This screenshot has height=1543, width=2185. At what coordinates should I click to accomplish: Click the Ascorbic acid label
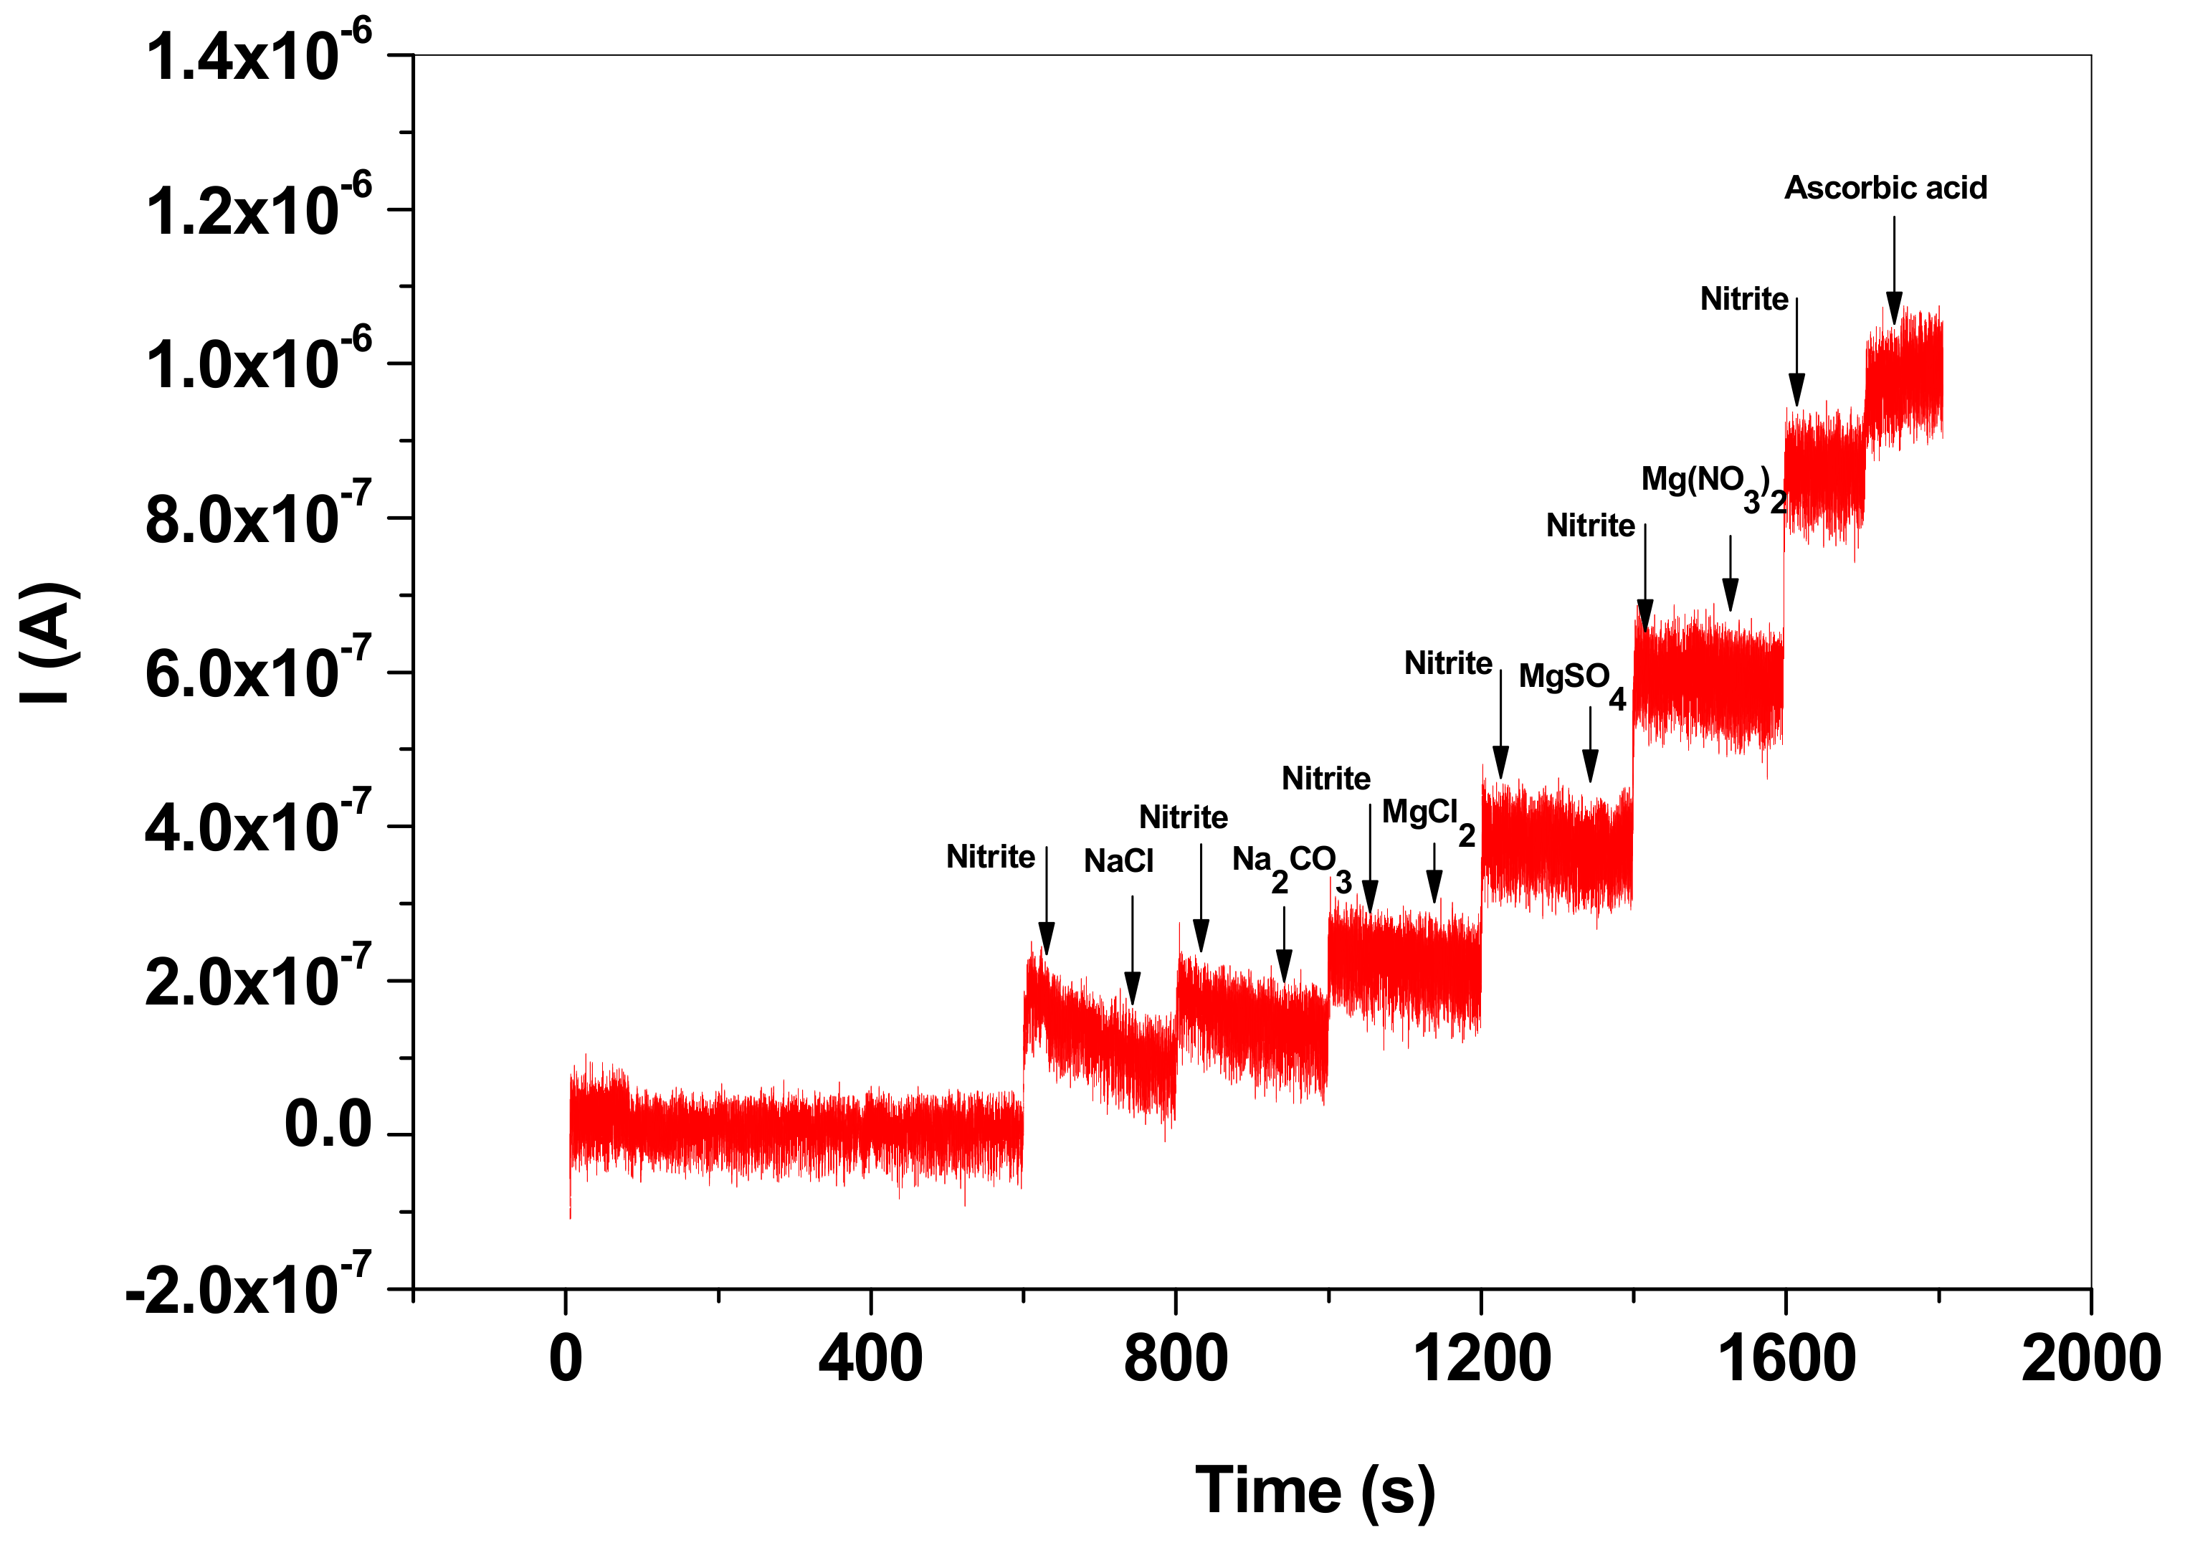click(x=1885, y=189)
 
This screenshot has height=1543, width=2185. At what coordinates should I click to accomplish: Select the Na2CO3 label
click(x=1290, y=866)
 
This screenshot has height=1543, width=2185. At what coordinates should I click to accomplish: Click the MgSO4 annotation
click(x=1570, y=682)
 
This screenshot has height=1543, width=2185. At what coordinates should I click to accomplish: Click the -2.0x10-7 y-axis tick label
click(x=248, y=1290)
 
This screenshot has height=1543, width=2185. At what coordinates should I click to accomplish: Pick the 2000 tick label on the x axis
click(x=2090, y=1359)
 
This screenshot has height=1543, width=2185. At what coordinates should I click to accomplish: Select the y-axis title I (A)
click(x=47, y=642)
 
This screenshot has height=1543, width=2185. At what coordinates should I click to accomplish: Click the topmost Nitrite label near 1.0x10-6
click(x=1743, y=300)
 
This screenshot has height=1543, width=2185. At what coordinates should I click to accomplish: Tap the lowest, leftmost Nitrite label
click(x=990, y=857)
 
